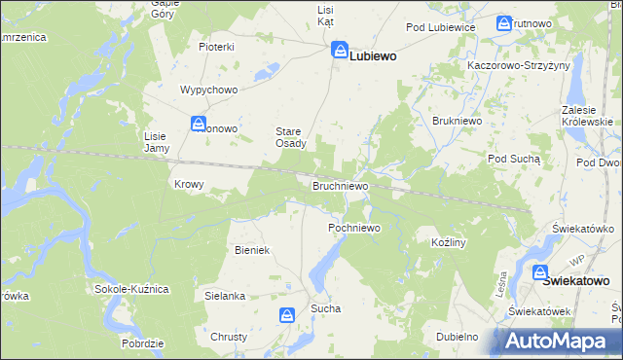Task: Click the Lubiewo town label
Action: pyautogui.click(x=373, y=56)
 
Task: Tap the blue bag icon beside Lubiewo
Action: pyautogui.click(x=340, y=50)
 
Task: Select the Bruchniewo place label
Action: pyautogui.click(x=339, y=185)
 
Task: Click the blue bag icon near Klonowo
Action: pyautogui.click(x=199, y=125)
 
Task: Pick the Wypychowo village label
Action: pyautogui.click(x=209, y=90)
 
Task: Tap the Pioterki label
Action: pyautogui.click(x=217, y=47)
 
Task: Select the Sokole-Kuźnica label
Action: pyautogui.click(x=132, y=289)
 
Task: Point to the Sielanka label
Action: pyautogui.click(x=224, y=294)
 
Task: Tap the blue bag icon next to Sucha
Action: pyautogui.click(x=287, y=315)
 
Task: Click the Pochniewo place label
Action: pyautogui.click(x=353, y=228)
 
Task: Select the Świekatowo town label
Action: pyautogui.click(x=576, y=280)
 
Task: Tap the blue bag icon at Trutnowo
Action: pyautogui.click(x=504, y=23)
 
